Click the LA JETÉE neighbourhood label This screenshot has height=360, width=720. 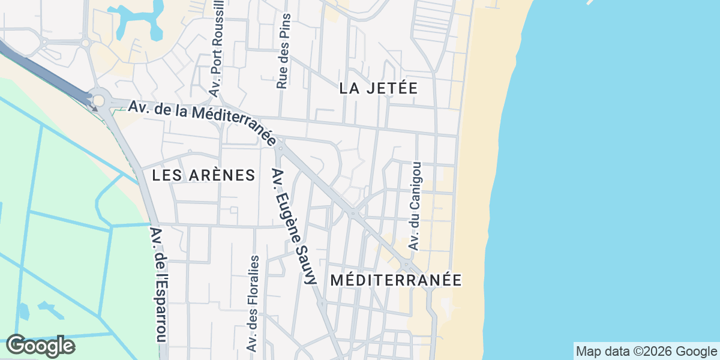[x=378, y=88]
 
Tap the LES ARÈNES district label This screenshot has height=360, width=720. [x=203, y=175]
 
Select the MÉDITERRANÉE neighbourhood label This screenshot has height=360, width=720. [x=396, y=280]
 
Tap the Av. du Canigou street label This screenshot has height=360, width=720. [x=415, y=206]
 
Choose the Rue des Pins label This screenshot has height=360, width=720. [x=283, y=52]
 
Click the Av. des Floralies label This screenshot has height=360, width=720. [x=253, y=303]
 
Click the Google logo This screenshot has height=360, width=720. [x=40, y=346]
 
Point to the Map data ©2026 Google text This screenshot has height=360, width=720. [x=646, y=351]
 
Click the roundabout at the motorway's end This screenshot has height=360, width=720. [x=98, y=99]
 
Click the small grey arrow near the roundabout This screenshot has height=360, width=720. [x=94, y=109]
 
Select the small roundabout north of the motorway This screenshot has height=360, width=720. [x=85, y=43]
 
